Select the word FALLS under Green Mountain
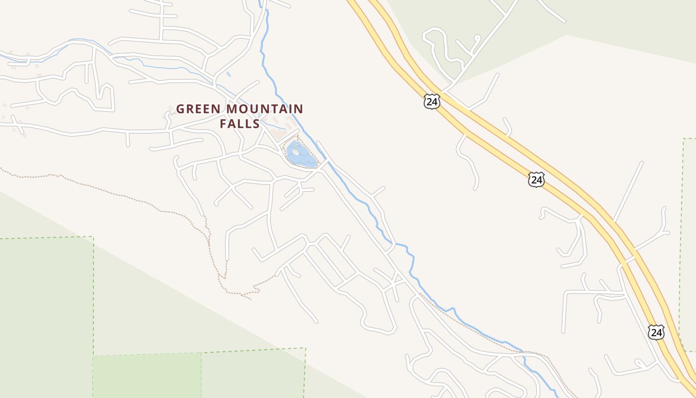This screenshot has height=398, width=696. (240, 123)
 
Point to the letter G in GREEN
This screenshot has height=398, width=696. (181, 109)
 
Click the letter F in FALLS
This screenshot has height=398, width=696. (223, 123)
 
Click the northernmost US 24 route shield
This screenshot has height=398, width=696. (432, 101)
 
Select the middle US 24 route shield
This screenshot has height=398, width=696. (536, 179)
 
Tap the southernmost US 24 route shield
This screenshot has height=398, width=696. (656, 332)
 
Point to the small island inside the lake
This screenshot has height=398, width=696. (295, 152)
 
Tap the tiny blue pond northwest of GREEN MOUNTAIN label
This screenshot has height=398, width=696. (228, 74)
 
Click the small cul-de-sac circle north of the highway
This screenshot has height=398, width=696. (477, 37)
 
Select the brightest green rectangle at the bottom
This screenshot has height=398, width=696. (147, 376)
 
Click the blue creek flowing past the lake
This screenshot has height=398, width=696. (348, 189)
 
